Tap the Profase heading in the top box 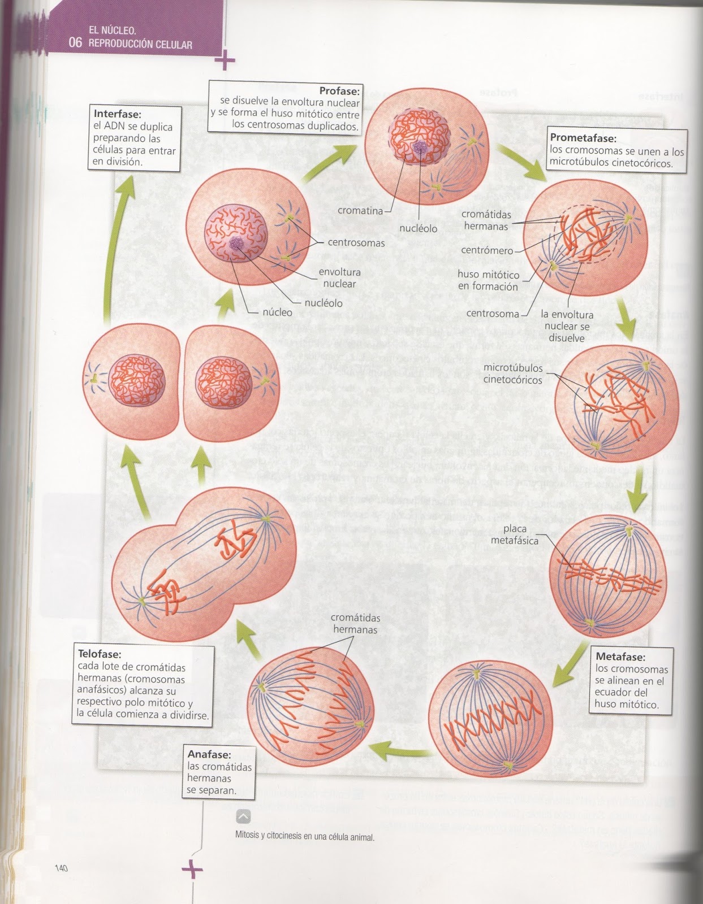coord(339,90)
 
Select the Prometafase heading coord(583,138)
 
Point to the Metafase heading coord(620,657)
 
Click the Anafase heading coord(209,754)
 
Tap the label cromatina coord(360,211)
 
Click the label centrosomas coord(356,243)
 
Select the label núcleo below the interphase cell coord(277,312)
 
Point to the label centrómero coord(487,250)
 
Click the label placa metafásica coord(509,534)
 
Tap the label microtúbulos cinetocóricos coord(512,374)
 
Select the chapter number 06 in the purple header coord(75,43)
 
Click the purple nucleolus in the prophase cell coord(421,147)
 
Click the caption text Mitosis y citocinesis coord(304,837)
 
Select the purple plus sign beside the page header coord(225,61)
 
